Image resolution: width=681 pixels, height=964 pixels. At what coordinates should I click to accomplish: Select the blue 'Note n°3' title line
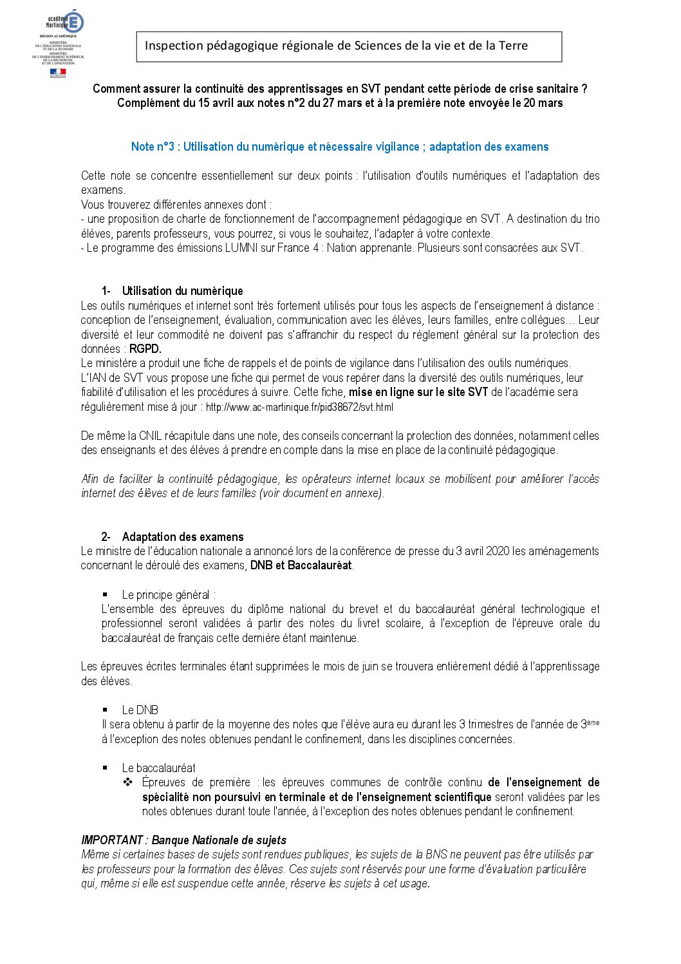tap(340, 147)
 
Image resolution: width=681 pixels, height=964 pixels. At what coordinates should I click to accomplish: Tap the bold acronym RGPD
tap(145, 349)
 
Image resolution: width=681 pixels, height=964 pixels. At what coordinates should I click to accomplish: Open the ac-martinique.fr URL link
tap(299, 407)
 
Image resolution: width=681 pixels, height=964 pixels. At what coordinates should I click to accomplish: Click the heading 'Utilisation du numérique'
tap(182, 291)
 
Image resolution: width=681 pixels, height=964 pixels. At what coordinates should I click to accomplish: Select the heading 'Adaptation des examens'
tap(183, 537)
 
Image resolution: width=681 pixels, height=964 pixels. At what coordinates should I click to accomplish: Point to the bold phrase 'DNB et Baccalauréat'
tap(301, 565)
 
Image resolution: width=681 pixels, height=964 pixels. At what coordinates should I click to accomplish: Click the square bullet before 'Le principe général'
tap(105, 594)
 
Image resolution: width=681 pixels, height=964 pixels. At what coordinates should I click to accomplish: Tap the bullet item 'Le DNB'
tap(140, 710)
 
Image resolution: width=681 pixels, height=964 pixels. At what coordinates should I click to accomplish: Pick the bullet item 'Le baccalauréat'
tap(158, 768)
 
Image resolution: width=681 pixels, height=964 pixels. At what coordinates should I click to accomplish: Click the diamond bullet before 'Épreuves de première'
tap(127, 782)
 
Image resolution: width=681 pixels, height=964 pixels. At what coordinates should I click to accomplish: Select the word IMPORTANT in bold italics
tap(112, 840)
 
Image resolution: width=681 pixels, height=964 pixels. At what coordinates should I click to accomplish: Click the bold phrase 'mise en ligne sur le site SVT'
tap(418, 392)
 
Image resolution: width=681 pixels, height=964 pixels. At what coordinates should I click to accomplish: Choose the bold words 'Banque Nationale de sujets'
tap(219, 840)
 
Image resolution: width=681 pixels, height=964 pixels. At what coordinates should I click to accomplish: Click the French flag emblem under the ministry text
tap(57, 73)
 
